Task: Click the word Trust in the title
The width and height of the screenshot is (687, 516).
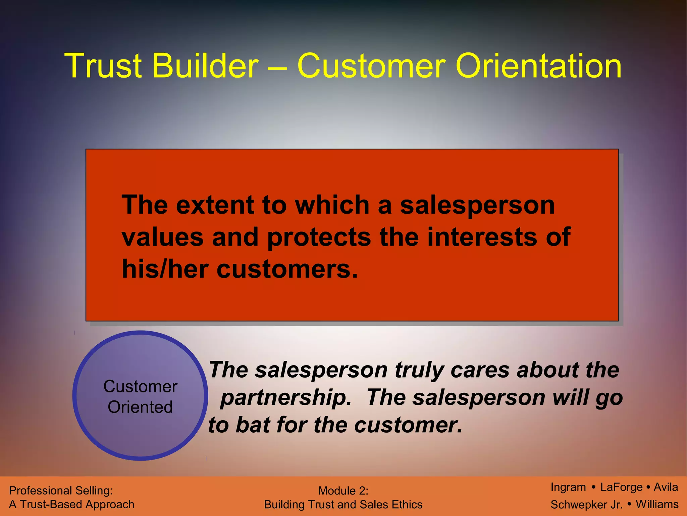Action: click(103, 66)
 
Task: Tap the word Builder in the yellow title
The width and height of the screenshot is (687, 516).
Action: click(205, 66)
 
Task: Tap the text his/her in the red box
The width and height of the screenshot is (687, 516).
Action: click(165, 269)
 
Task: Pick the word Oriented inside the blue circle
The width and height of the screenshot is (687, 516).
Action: click(140, 407)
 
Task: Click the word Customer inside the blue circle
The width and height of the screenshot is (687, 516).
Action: click(140, 387)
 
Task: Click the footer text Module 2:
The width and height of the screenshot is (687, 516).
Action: click(343, 491)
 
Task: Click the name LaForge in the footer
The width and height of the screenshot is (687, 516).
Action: click(621, 487)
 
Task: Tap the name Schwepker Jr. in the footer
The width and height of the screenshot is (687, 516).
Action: click(586, 505)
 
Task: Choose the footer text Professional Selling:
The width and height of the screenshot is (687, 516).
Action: click(61, 491)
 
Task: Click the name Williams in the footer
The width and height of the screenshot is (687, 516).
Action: click(657, 504)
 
